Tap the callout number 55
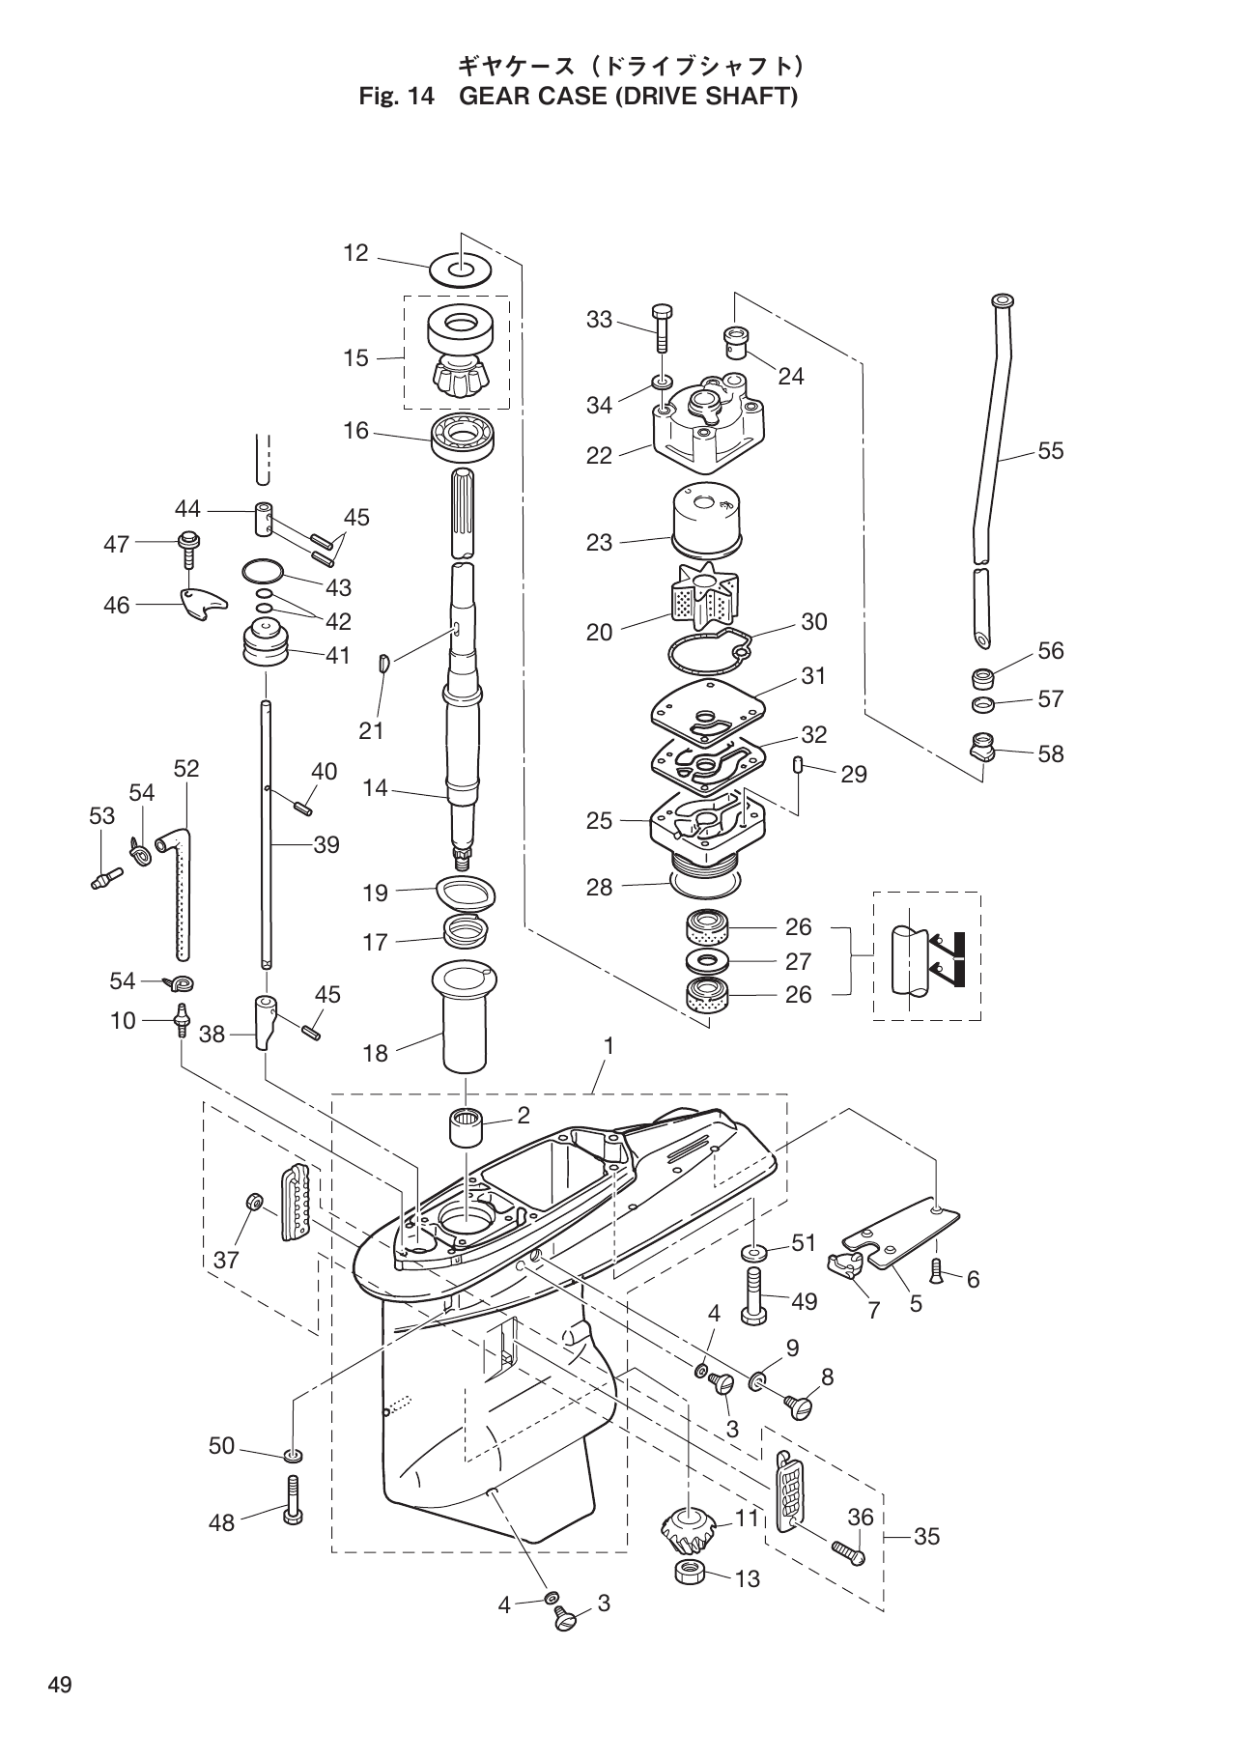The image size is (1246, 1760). coord(1050,451)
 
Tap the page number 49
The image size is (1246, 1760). coord(59,1687)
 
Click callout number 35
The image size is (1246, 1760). coord(925,1536)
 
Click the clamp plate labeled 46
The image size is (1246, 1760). coord(203,606)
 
